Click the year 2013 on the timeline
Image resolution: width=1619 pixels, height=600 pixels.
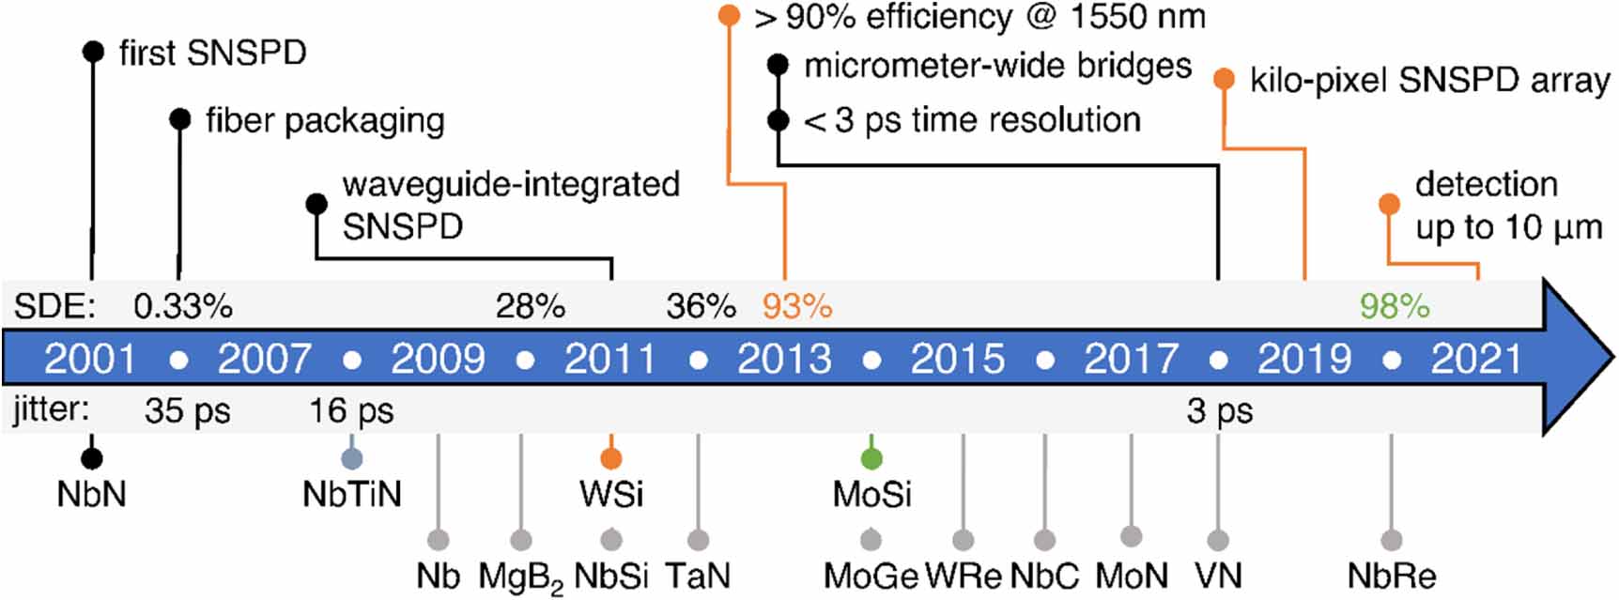tap(784, 359)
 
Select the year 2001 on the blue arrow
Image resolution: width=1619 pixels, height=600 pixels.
tap(90, 359)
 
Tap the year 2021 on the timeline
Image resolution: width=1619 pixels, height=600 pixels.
tap(1476, 359)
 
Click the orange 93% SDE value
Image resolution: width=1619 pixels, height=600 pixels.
tap(796, 306)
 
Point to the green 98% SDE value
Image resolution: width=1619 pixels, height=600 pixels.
tap(1395, 306)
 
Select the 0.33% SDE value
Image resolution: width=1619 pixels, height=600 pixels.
tap(182, 306)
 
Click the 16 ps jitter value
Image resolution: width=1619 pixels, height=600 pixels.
tap(351, 411)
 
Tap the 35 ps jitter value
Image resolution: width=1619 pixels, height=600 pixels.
tap(187, 411)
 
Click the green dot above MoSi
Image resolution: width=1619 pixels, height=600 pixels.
tap(871, 458)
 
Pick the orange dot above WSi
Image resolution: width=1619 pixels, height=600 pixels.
tap(611, 458)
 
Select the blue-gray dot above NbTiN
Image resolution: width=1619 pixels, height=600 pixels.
tap(352, 458)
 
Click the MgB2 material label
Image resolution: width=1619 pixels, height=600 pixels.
tap(520, 577)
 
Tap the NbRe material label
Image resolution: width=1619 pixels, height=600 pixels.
tap(1391, 576)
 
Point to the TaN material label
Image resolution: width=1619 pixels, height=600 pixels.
tap(697, 576)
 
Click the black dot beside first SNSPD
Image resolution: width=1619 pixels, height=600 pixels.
tap(93, 51)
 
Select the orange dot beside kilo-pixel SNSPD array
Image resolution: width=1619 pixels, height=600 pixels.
tap(1224, 79)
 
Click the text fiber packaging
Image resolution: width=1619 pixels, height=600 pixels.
tap(325, 120)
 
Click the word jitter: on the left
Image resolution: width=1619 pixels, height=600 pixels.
tap(52, 410)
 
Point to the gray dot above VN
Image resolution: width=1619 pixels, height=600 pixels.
tap(1218, 540)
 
